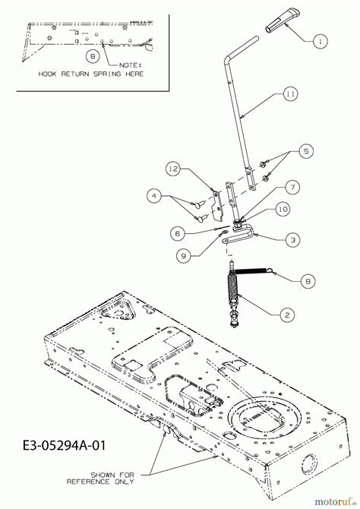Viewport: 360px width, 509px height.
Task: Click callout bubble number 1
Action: [x=321, y=41]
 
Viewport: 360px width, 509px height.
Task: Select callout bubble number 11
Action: [x=290, y=94]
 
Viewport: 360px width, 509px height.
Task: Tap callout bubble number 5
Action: [x=306, y=151]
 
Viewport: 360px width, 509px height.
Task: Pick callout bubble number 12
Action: [x=174, y=169]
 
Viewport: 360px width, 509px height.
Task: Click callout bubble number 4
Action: [x=154, y=196]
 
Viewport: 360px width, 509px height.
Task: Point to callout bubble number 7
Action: [x=292, y=188]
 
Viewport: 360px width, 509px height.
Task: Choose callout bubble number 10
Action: [x=283, y=209]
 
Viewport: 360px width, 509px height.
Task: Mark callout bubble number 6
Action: [x=178, y=233]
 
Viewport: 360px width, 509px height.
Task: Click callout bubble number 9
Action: [x=184, y=256]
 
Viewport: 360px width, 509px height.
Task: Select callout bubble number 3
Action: [x=293, y=240]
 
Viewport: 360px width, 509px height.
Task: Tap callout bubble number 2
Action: [x=287, y=315]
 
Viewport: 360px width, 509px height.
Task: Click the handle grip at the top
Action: [x=282, y=21]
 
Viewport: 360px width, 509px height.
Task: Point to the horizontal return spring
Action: [x=254, y=270]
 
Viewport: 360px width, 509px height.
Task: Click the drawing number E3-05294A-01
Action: [x=65, y=445]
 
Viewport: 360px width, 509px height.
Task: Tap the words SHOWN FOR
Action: [x=112, y=475]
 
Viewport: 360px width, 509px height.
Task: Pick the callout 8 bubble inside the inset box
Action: [x=93, y=56]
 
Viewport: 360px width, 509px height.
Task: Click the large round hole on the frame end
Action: [x=309, y=463]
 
